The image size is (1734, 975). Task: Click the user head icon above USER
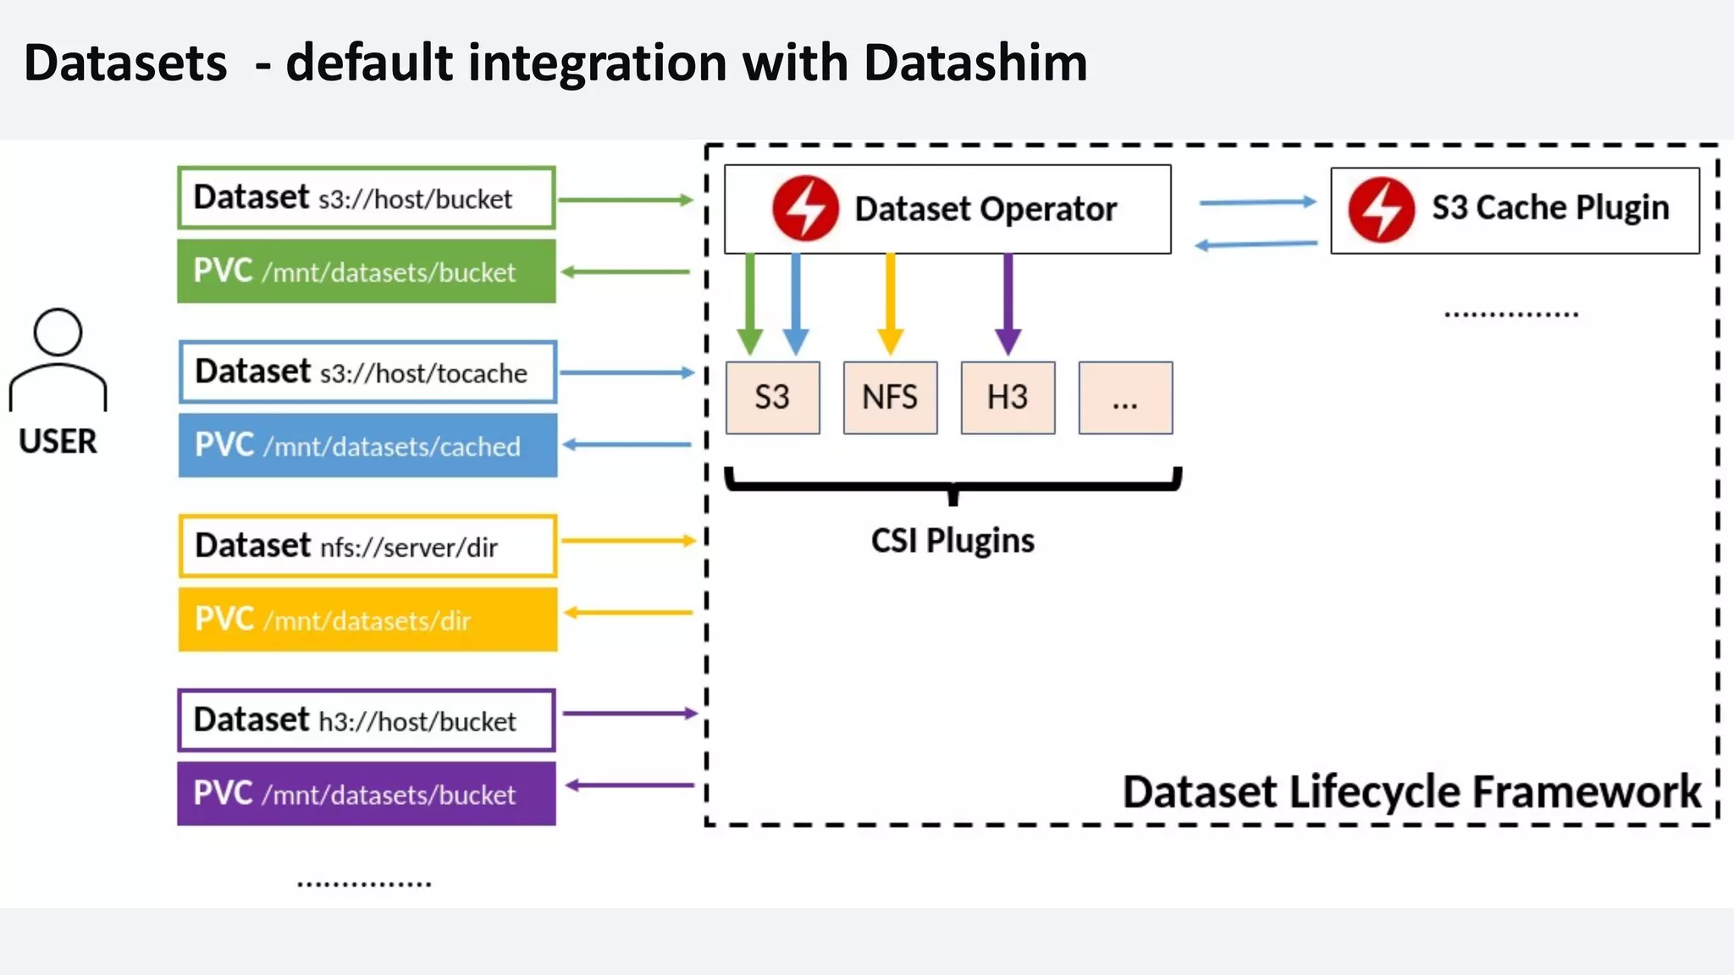tap(58, 333)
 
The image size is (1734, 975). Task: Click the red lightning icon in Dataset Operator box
tap(805, 208)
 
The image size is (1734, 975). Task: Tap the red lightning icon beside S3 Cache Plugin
tap(1381, 209)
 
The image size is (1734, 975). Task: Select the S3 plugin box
tap(772, 398)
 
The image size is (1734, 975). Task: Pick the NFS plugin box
tap(890, 398)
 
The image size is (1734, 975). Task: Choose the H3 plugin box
tap(1008, 398)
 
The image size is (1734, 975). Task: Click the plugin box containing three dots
tap(1125, 398)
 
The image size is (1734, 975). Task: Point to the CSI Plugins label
tap(953, 541)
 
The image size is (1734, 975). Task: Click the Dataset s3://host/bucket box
tap(366, 198)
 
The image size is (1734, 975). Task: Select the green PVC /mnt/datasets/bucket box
tap(366, 272)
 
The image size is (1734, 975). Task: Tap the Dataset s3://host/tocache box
tap(367, 372)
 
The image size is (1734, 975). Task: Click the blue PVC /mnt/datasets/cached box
tap(367, 445)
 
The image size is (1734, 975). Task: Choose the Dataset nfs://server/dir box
tap(367, 546)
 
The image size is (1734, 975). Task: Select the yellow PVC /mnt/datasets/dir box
tap(367, 620)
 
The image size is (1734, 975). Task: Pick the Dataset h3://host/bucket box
tap(366, 720)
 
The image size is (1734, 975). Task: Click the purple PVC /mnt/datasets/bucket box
tap(366, 794)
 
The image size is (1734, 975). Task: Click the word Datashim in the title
tap(975, 63)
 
